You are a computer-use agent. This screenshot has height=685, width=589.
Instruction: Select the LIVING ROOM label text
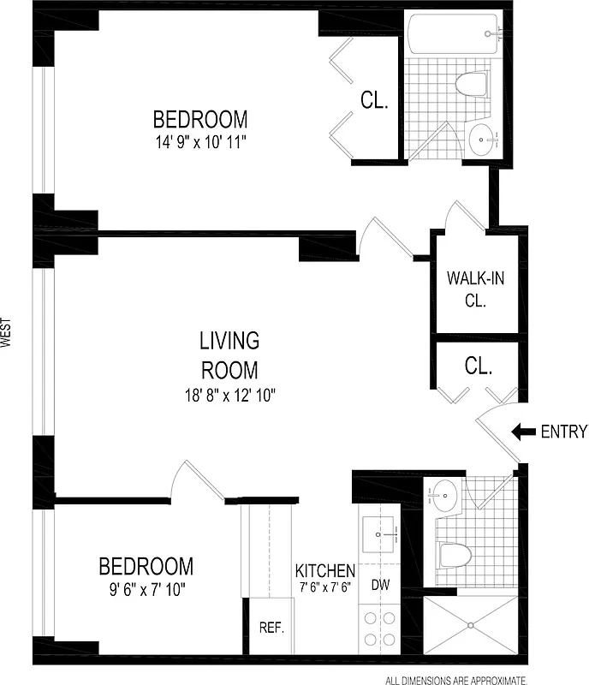point(229,355)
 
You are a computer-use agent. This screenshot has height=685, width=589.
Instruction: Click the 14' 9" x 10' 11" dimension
point(200,142)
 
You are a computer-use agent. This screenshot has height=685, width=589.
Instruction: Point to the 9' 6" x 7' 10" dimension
point(146,589)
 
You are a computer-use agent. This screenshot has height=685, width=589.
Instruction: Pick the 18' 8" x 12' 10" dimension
point(229,395)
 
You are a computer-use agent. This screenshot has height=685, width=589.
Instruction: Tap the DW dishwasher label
point(379,587)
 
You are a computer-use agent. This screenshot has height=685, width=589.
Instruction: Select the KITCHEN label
point(324,570)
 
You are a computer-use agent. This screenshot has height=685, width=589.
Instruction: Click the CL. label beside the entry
point(479,366)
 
